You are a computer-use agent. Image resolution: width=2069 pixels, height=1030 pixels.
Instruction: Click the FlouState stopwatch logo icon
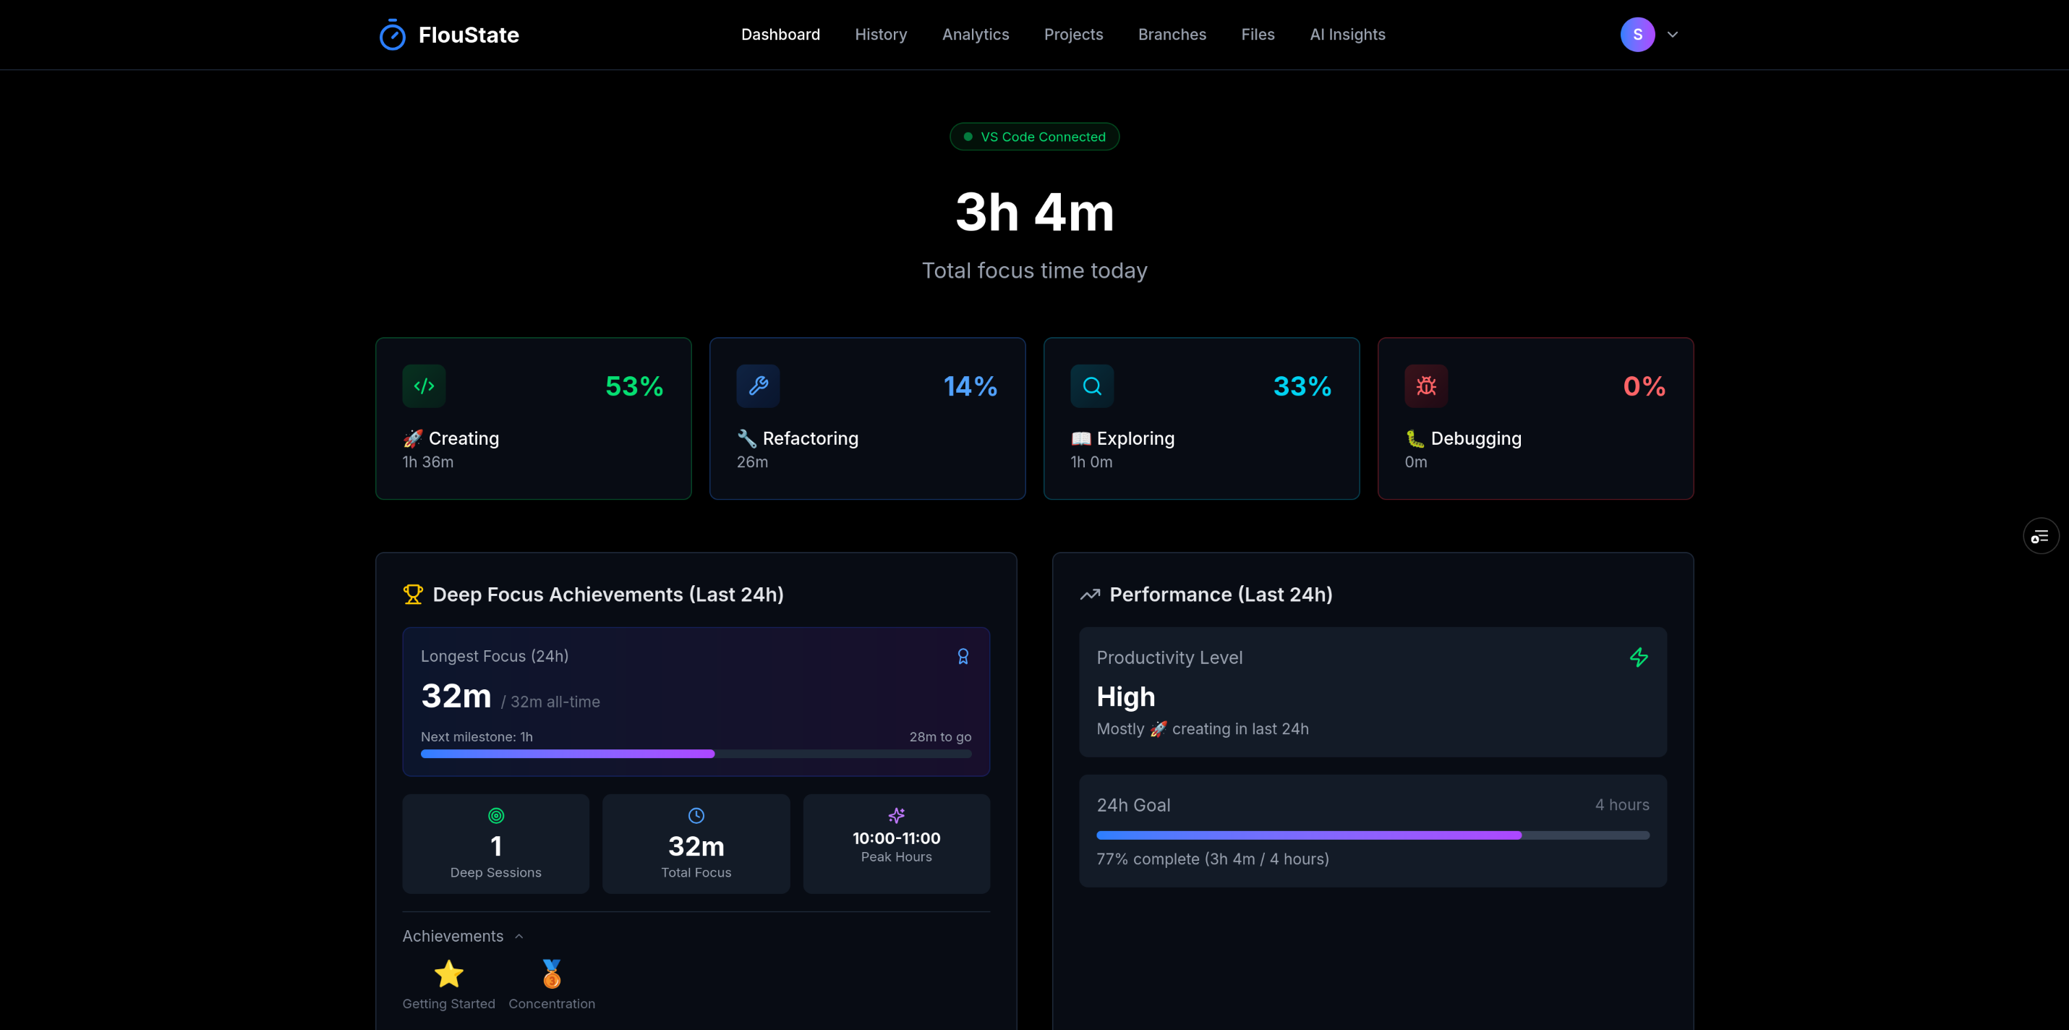pyautogui.click(x=392, y=35)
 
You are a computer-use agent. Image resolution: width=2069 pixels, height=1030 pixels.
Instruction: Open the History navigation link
pyautogui.click(x=880, y=35)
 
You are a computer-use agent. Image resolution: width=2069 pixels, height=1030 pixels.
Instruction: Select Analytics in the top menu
pyautogui.click(x=975, y=35)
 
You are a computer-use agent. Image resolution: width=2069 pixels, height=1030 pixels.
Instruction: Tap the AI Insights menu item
pyautogui.click(x=1347, y=35)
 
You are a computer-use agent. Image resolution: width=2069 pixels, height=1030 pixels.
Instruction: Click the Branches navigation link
pyautogui.click(x=1172, y=35)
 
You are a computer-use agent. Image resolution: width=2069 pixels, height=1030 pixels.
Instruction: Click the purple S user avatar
pyautogui.click(x=1637, y=35)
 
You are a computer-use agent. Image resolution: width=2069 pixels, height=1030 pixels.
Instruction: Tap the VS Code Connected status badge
pyautogui.click(x=1034, y=137)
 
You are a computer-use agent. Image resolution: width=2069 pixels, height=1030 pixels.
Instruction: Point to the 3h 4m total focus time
pyautogui.click(x=1034, y=213)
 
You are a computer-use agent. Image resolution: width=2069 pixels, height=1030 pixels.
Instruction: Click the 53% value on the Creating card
pyautogui.click(x=634, y=386)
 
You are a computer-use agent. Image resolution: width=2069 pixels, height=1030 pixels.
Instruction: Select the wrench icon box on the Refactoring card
pyautogui.click(x=757, y=386)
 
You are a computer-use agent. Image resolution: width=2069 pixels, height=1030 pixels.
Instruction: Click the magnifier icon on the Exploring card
pyautogui.click(x=1091, y=386)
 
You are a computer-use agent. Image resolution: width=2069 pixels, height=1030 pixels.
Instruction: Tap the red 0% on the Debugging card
pyautogui.click(x=1643, y=386)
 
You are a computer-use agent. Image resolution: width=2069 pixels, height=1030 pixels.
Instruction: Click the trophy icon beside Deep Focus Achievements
pyautogui.click(x=413, y=595)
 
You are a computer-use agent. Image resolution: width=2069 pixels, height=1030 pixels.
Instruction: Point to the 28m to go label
pyautogui.click(x=939, y=737)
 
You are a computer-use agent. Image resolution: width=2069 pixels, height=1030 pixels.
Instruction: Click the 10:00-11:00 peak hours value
pyautogui.click(x=896, y=838)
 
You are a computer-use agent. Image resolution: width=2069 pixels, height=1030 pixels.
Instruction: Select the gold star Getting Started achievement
pyautogui.click(x=448, y=974)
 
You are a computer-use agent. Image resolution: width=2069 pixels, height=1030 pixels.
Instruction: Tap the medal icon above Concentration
pyautogui.click(x=552, y=974)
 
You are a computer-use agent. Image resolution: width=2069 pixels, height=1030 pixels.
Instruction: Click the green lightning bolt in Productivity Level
pyautogui.click(x=1639, y=658)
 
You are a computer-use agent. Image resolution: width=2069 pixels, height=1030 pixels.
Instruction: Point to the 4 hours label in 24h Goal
pyautogui.click(x=1621, y=805)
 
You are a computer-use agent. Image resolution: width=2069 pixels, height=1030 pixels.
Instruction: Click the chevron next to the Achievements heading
pyautogui.click(x=519, y=937)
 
